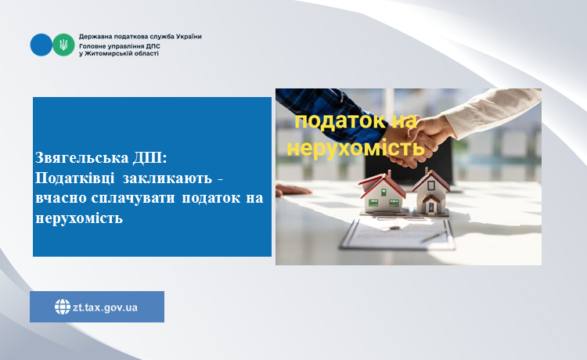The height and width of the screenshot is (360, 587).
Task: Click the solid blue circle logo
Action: click(x=41, y=45)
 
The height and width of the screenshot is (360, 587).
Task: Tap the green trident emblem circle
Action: click(x=63, y=45)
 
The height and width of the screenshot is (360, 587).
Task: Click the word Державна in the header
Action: click(x=93, y=37)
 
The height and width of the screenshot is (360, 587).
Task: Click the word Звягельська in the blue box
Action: click(x=82, y=158)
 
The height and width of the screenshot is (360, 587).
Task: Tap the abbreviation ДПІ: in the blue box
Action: click(x=150, y=158)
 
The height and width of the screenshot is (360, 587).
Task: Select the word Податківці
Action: click(x=75, y=178)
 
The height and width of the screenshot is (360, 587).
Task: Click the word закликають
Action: click(x=167, y=178)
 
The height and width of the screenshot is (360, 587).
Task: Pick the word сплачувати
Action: click(x=133, y=198)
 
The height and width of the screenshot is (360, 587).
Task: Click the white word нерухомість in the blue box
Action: click(x=79, y=218)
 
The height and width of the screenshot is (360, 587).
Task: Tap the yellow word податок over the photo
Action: click(x=340, y=121)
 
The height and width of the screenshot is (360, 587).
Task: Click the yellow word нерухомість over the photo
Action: click(x=355, y=148)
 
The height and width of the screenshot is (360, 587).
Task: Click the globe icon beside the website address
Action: click(x=63, y=307)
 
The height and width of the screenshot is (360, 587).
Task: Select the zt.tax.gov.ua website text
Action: click(x=105, y=308)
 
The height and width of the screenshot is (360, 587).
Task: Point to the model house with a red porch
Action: click(x=430, y=193)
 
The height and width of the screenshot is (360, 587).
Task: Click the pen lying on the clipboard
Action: click(x=434, y=236)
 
